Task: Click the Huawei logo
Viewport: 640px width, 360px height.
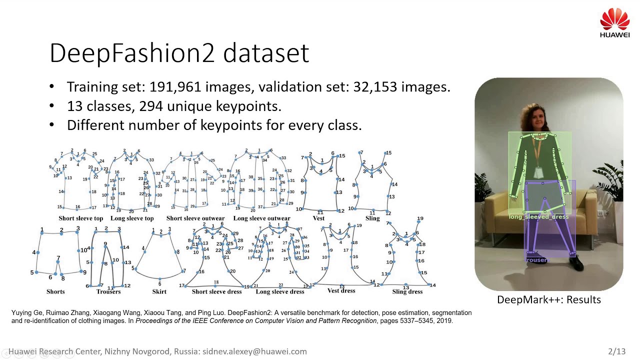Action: pyautogui.click(x=614, y=22)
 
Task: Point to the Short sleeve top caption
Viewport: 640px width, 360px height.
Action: pyautogui.click(x=81, y=218)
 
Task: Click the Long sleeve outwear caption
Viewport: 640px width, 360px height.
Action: pyautogui.click(x=261, y=218)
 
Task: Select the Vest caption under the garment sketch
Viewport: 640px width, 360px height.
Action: pyautogui.click(x=318, y=218)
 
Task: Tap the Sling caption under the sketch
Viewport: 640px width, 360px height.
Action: pyautogui.click(x=372, y=218)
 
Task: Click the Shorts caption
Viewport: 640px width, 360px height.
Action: pyautogui.click(x=55, y=291)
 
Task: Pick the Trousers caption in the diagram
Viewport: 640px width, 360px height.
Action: pyautogui.click(x=108, y=291)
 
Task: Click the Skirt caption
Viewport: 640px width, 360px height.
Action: pyautogui.click(x=159, y=291)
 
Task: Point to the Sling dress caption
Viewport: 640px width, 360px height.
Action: pyautogui.click(x=407, y=291)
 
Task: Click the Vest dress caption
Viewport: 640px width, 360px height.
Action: pyautogui.click(x=341, y=290)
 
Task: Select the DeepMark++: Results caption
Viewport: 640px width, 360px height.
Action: pyautogui.click(x=548, y=299)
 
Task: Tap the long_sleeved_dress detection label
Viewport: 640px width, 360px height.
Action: pyautogui.click(x=538, y=217)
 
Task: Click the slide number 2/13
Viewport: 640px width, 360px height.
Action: pyautogui.click(x=616, y=351)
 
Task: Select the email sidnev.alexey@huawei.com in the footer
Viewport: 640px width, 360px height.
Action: pyautogui.click(x=254, y=351)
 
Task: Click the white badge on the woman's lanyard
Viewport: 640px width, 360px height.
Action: pyautogui.click(x=538, y=172)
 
